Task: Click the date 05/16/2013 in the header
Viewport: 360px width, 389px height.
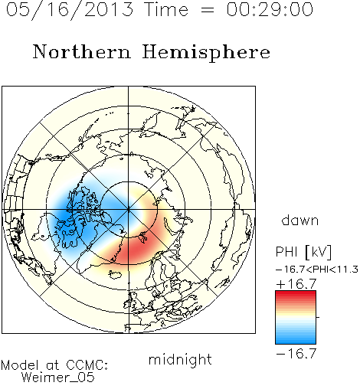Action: coord(70,9)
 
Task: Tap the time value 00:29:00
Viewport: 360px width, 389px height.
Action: coord(270,9)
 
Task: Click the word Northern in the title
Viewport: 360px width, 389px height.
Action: coord(82,52)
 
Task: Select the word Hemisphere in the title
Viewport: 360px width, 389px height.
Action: coord(206,53)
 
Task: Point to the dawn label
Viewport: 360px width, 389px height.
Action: coord(300,221)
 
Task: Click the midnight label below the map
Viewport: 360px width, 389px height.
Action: coord(180,359)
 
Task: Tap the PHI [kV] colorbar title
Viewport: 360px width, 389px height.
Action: coord(304,252)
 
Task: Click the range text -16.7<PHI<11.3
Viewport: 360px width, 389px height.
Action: coord(317,270)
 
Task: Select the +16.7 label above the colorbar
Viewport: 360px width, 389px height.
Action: coord(296,284)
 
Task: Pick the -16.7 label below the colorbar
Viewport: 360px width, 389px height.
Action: coord(296,354)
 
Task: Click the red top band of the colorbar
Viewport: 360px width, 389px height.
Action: coord(296,294)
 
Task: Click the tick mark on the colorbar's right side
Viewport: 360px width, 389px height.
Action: coord(318,317)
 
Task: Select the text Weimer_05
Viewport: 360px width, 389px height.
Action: coord(58,377)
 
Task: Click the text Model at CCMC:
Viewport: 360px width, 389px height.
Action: coord(54,365)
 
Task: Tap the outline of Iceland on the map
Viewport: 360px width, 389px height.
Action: coord(115,274)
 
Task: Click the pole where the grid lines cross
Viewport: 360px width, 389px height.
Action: coord(129,209)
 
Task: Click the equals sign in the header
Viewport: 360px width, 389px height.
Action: coord(207,10)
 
